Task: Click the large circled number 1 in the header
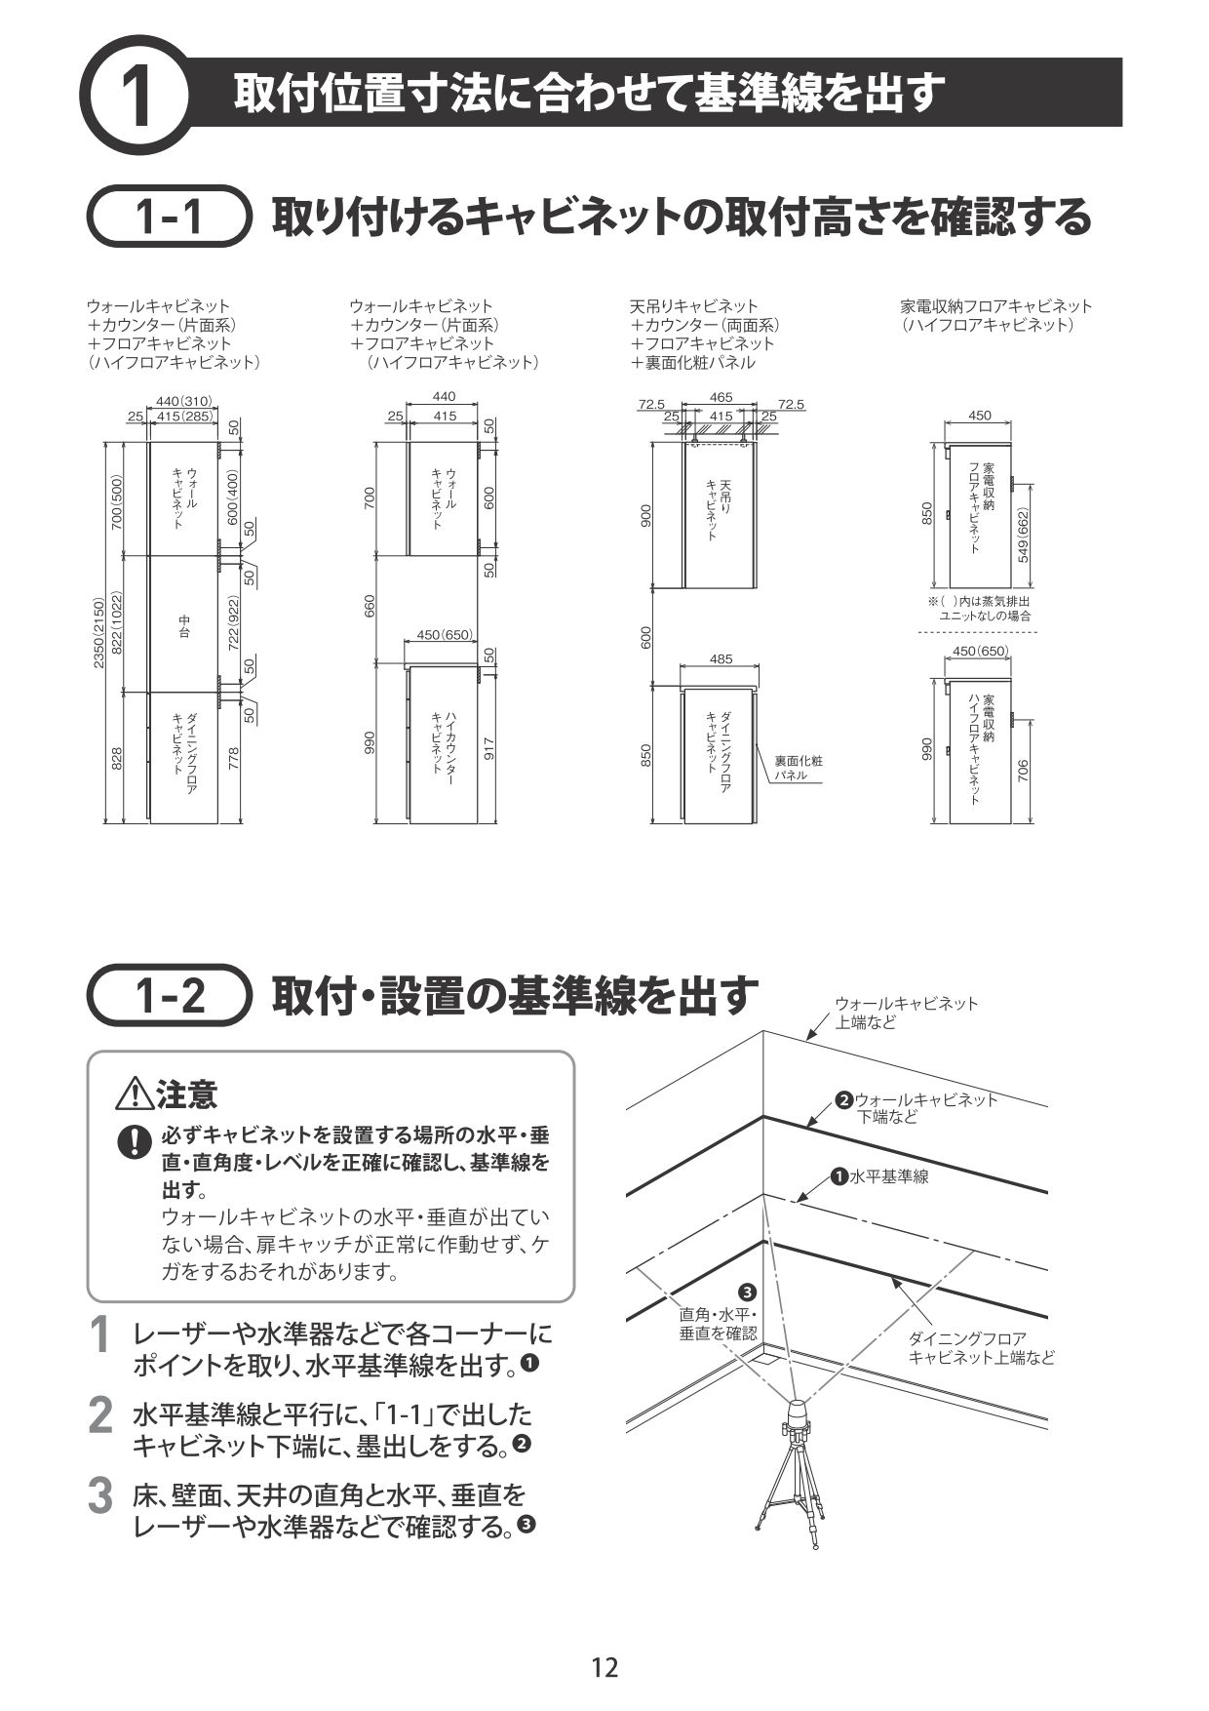[136, 95]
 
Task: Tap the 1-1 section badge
[168, 217]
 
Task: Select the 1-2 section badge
[168, 995]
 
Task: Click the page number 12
[604, 1667]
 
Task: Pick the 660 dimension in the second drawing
[370, 606]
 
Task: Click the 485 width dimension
[721, 659]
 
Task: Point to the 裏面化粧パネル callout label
[798, 768]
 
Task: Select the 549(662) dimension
[1022, 535]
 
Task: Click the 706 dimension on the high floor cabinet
[1022, 773]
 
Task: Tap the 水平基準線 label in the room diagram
[888, 1176]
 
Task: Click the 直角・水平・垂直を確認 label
[717, 1324]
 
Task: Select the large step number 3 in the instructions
[99, 1497]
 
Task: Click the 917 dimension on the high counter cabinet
[488, 748]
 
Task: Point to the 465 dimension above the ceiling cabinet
[721, 397]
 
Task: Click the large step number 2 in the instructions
[99, 1417]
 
